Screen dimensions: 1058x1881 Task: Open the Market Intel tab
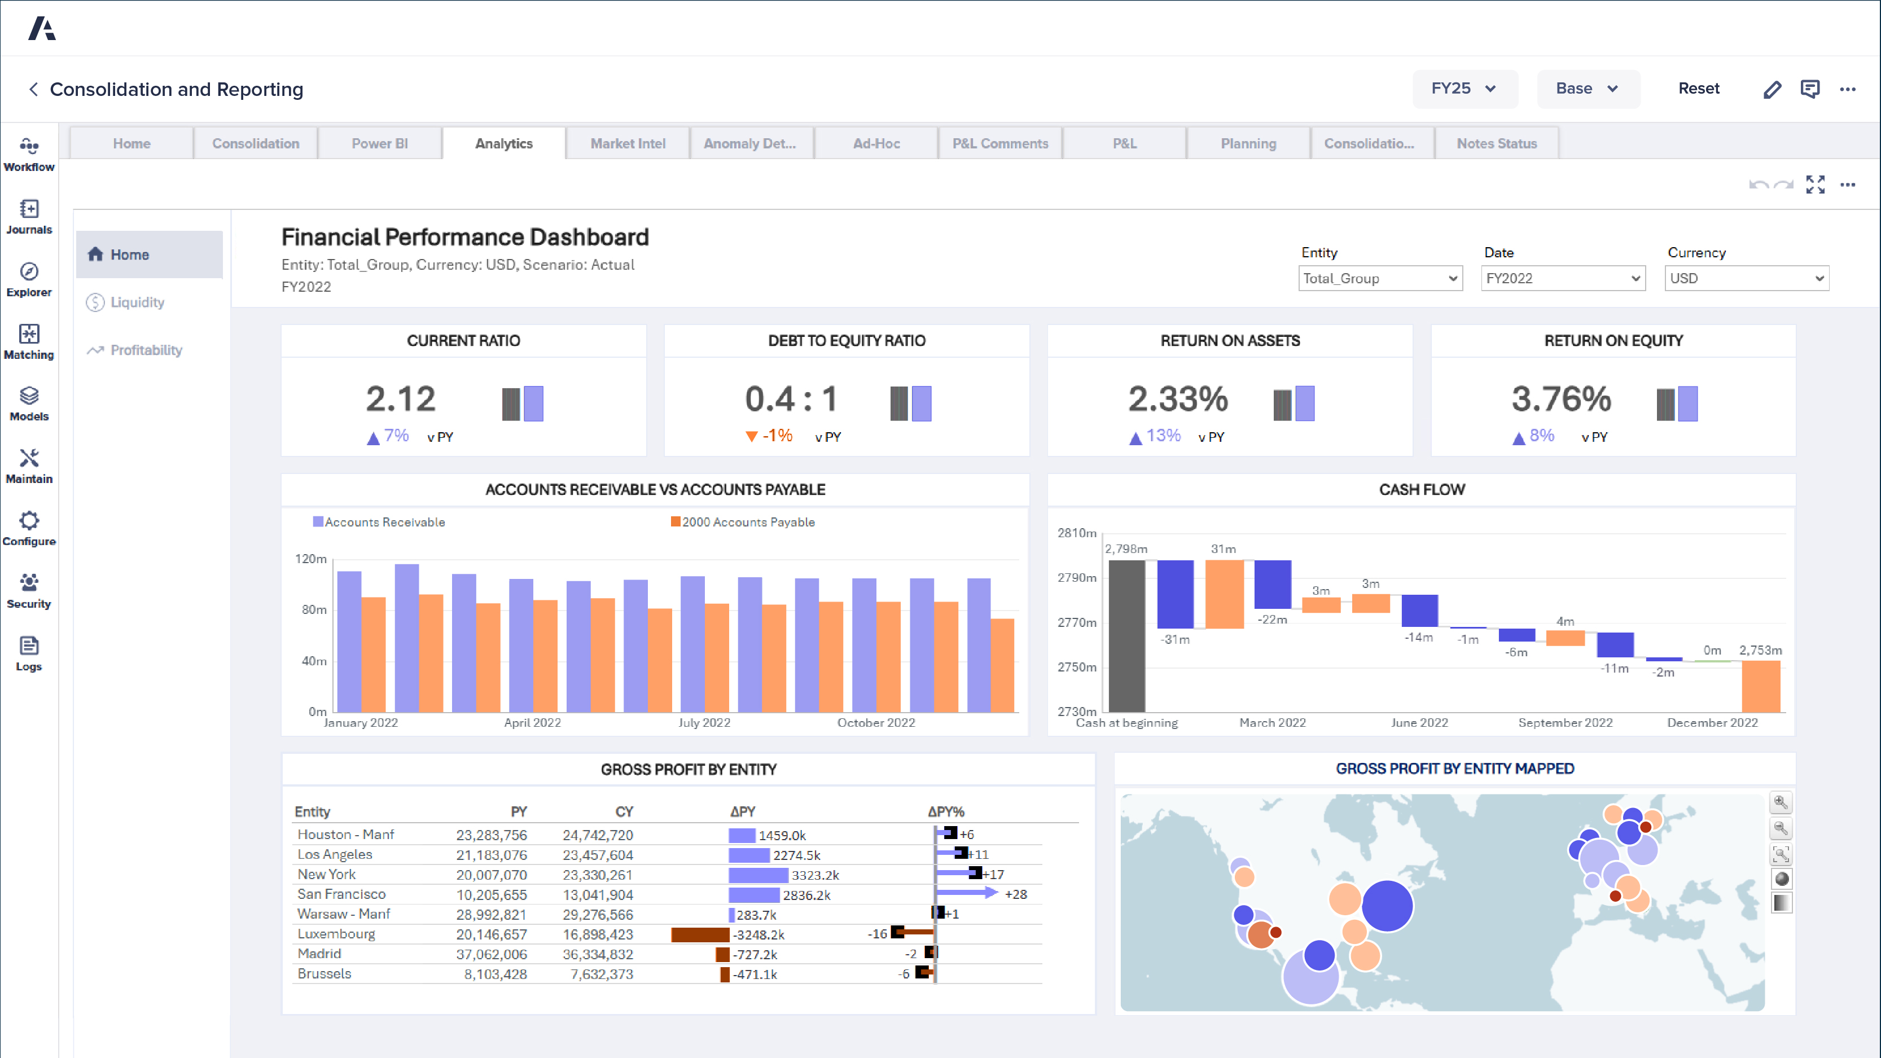tap(627, 144)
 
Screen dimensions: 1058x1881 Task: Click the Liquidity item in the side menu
tap(137, 302)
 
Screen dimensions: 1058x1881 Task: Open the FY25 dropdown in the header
tap(1464, 89)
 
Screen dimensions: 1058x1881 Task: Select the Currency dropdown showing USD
tap(1746, 278)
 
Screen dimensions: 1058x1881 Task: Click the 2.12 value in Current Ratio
tap(400, 400)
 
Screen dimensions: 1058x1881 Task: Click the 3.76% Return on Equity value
tap(1560, 400)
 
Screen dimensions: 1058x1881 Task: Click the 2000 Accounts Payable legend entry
tap(747, 522)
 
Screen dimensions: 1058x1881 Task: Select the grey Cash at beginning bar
tap(1126, 635)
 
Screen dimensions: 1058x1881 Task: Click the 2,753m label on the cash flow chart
tap(1760, 650)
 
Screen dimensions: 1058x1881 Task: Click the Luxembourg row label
tap(336, 934)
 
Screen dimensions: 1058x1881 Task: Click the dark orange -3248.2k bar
tap(700, 934)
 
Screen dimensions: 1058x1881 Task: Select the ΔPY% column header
tap(946, 812)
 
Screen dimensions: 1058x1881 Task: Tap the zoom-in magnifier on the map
tap(1781, 802)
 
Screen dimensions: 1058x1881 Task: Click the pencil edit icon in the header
tap(1772, 89)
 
